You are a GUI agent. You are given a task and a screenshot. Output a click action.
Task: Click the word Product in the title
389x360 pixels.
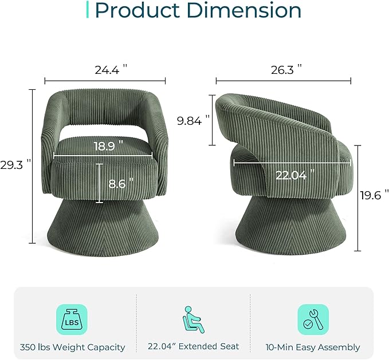tap(137, 10)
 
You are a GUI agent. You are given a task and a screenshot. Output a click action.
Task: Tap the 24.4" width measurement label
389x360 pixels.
tap(111, 70)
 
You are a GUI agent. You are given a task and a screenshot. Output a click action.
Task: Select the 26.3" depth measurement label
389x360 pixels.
tap(286, 70)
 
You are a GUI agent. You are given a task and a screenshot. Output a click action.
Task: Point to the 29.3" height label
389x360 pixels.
tap(15, 164)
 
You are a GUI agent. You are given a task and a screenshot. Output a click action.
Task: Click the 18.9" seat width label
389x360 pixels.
tap(108, 146)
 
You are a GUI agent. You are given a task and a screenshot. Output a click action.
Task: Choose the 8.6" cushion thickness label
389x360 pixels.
tap(121, 183)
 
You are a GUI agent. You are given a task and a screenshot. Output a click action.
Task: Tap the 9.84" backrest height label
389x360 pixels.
tap(193, 120)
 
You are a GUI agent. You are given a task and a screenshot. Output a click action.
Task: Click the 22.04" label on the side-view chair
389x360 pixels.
tap(295, 175)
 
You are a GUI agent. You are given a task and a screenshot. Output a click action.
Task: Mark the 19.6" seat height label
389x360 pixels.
tap(374, 195)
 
